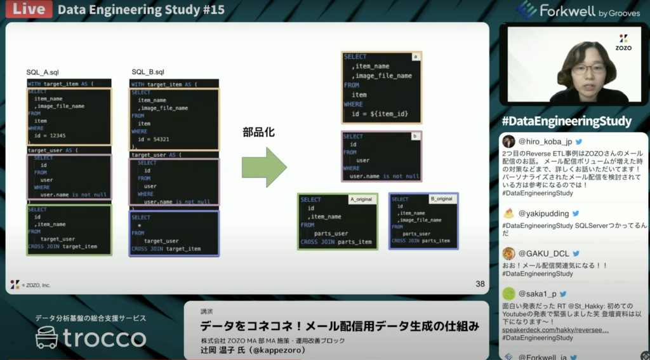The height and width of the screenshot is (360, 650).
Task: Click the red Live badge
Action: pos(26,10)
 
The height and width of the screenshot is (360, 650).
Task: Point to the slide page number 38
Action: pos(480,284)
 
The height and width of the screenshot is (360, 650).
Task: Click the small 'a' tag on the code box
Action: pos(416,57)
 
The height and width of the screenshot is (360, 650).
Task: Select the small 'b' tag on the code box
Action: pos(415,136)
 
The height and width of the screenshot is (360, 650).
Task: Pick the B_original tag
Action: pos(441,199)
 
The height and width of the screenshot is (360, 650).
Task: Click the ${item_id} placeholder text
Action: pos(386,114)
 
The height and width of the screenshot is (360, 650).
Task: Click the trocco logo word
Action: pos(105,338)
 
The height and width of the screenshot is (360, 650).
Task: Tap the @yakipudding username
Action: pos(545,214)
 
